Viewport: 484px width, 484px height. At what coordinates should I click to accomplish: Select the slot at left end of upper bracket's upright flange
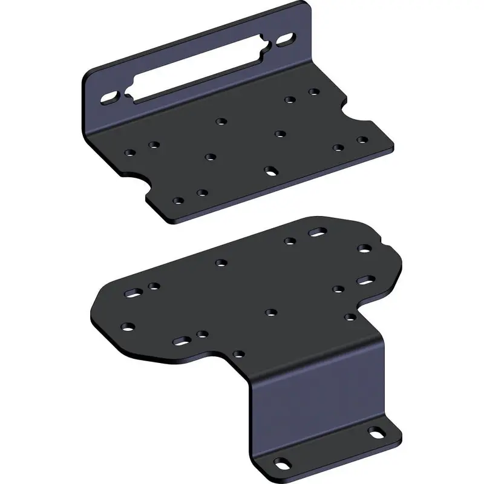point(110,97)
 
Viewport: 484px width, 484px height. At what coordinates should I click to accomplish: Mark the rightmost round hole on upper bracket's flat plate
point(362,140)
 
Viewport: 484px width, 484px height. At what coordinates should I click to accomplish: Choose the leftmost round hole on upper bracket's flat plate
point(130,152)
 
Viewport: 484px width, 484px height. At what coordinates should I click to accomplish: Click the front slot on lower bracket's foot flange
point(282,463)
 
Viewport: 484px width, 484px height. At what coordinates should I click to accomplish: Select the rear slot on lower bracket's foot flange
point(376,433)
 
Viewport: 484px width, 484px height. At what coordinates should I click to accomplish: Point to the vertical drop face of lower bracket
point(318,399)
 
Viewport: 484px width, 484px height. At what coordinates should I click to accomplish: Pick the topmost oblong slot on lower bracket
point(317,232)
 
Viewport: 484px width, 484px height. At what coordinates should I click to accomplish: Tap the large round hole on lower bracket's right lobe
point(364,248)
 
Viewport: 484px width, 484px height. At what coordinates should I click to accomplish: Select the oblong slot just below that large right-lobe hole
point(367,280)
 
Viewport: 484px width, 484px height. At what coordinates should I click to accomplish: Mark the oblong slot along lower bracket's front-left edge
point(181,341)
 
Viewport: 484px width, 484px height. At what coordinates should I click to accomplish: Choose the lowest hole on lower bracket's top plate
point(240,354)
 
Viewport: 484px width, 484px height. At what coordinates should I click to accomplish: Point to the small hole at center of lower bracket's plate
point(270,312)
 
